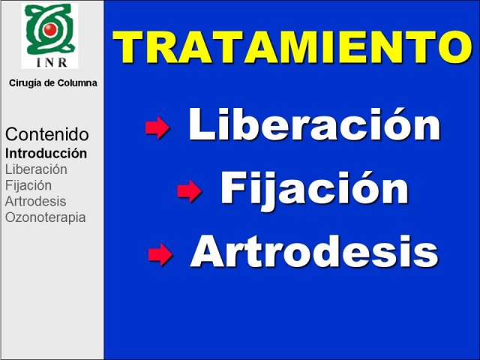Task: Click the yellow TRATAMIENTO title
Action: click(x=292, y=46)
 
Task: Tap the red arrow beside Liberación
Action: click(x=157, y=127)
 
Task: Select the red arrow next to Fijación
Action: click(x=189, y=190)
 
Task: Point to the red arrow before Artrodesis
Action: click(x=160, y=254)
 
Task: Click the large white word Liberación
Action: click(x=314, y=124)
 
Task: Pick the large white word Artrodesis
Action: click(x=314, y=252)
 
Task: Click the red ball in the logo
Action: click(x=49, y=29)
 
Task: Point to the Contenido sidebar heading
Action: click(x=46, y=134)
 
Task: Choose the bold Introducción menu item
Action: click(x=46, y=153)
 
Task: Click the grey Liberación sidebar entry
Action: click(x=36, y=169)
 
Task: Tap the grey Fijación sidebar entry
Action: click(x=28, y=185)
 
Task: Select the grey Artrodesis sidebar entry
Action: click(x=35, y=202)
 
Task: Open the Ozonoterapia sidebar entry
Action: click(x=45, y=217)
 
